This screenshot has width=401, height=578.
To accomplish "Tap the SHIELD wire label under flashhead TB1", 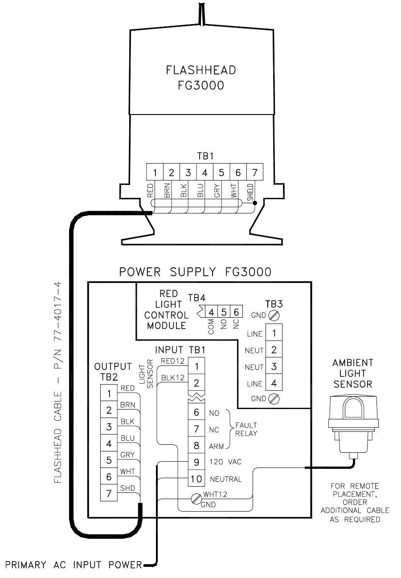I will pos(250,193).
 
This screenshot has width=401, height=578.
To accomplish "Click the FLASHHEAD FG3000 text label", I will pos(200,78).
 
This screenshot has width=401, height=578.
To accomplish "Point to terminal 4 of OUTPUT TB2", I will pos(108,443).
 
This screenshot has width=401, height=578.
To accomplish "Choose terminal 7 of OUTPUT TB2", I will pos(108,493).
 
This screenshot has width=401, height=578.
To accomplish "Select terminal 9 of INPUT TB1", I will pos(196,462).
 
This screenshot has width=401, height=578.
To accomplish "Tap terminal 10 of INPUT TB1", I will pos(196,479).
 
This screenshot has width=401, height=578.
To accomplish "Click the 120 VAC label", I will pos(222,462).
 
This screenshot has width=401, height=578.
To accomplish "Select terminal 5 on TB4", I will pos(225,312).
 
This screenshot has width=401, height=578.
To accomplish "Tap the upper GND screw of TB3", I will pos(274,316).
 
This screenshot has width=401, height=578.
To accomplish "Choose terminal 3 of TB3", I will pos(274,367).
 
